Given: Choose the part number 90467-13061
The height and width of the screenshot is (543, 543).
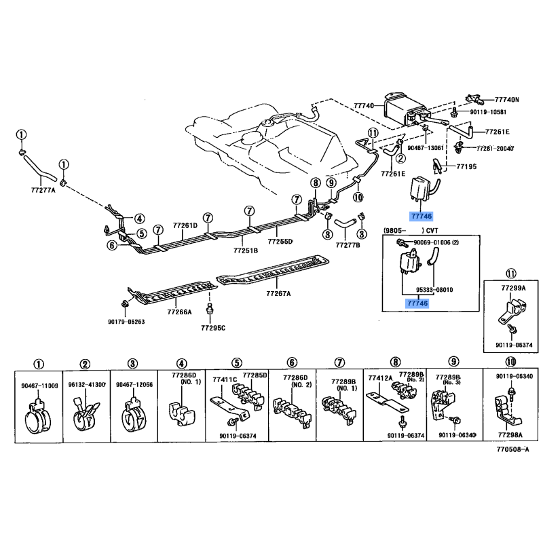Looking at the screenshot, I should pos(425,147).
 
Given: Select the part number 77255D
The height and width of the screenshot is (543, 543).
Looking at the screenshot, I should pos(280,241).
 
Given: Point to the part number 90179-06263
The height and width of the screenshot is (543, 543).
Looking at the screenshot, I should pos(126,322).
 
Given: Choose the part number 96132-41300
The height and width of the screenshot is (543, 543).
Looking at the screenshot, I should pos(86,385).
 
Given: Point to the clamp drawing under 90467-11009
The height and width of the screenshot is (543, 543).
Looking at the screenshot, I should pos(39,413).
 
